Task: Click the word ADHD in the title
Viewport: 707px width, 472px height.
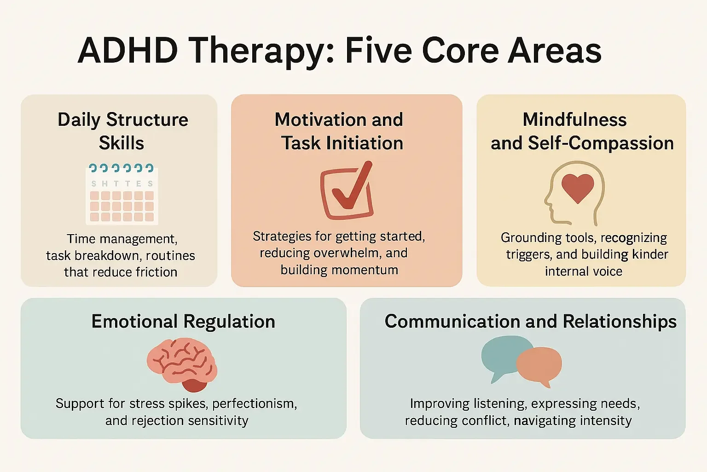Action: pos(127,50)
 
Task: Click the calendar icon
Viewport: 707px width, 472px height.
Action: pos(122,194)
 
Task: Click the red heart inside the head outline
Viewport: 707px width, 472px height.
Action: pos(578,188)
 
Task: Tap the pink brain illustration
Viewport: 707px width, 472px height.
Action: pos(182,363)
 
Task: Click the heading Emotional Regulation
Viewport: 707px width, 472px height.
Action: pos(183,321)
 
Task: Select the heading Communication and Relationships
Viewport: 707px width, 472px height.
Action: pos(530,321)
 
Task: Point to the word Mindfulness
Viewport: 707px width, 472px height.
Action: pos(574,120)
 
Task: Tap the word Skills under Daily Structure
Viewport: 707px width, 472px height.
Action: pos(122,143)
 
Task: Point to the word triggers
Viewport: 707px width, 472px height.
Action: pos(528,255)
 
